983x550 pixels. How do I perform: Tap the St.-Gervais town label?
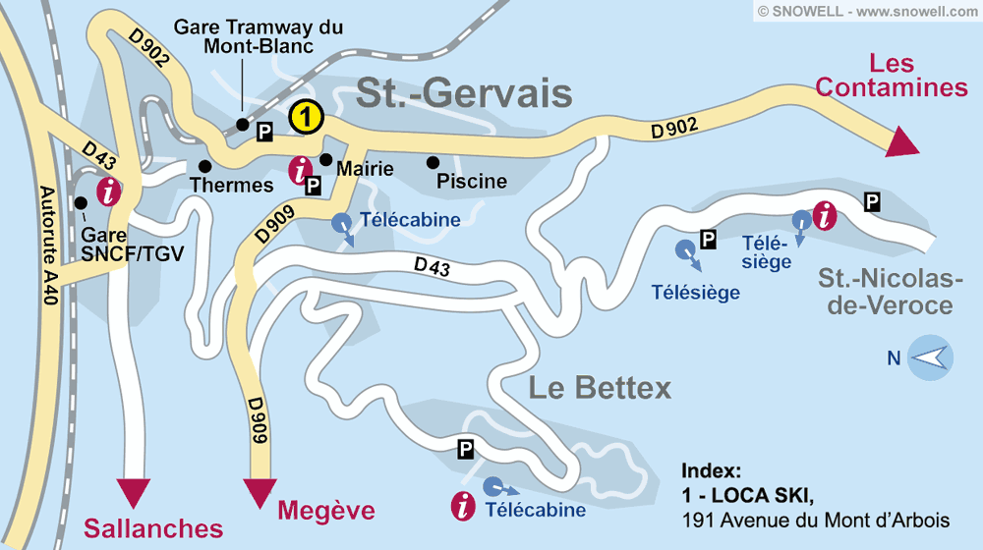click(464, 93)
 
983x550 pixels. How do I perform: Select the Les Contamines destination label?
click(892, 76)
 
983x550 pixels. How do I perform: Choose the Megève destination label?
click(326, 511)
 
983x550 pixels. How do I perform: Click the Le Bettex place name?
click(600, 388)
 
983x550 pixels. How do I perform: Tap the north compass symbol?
click(929, 357)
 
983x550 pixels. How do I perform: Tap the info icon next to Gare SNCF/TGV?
click(108, 191)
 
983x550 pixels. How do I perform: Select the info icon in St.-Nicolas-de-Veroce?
click(827, 214)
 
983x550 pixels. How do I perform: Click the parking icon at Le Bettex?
click(466, 449)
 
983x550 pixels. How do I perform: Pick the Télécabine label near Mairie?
click(410, 220)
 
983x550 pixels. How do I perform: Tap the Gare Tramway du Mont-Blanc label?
click(259, 36)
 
